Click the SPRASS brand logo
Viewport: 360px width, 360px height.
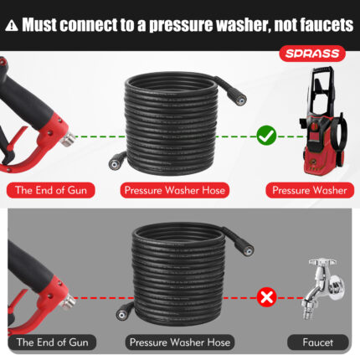coord(312,54)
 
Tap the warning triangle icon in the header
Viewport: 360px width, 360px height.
coord(12,25)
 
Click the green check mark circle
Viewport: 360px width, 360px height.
coord(266,136)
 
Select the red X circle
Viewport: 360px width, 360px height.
coord(266,297)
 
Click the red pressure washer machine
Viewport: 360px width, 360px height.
coord(324,121)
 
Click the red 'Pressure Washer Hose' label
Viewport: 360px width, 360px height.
coord(175,190)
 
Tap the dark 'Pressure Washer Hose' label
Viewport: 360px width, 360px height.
coord(180,342)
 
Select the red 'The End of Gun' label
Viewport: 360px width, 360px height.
coord(51,190)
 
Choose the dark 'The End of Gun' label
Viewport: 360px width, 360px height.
coord(52,342)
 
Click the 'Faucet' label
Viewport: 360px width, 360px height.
coord(318,342)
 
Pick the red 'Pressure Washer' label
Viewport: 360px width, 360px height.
coord(310,190)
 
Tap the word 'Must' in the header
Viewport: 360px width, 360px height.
coord(39,25)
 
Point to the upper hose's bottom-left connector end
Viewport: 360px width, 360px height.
coord(116,162)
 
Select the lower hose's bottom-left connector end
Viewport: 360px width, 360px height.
coord(123,313)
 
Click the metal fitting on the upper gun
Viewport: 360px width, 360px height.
coord(68,140)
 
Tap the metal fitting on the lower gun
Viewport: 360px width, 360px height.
coord(69,302)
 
